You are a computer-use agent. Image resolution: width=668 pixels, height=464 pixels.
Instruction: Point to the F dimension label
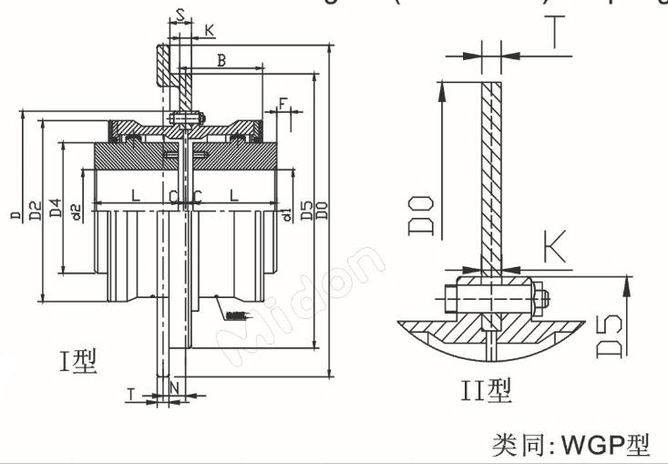pyautogui.click(x=284, y=102)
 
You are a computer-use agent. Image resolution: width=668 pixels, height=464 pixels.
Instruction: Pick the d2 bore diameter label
pyautogui.click(x=77, y=211)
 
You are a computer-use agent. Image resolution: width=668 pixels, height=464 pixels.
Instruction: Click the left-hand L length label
pyautogui.click(x=134, y=195)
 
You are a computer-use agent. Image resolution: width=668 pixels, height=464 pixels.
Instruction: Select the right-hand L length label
pyautogui.click(x=234, y=195)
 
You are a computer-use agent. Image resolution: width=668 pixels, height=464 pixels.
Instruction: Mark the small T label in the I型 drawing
pyautogui.click(x=132, y=394)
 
